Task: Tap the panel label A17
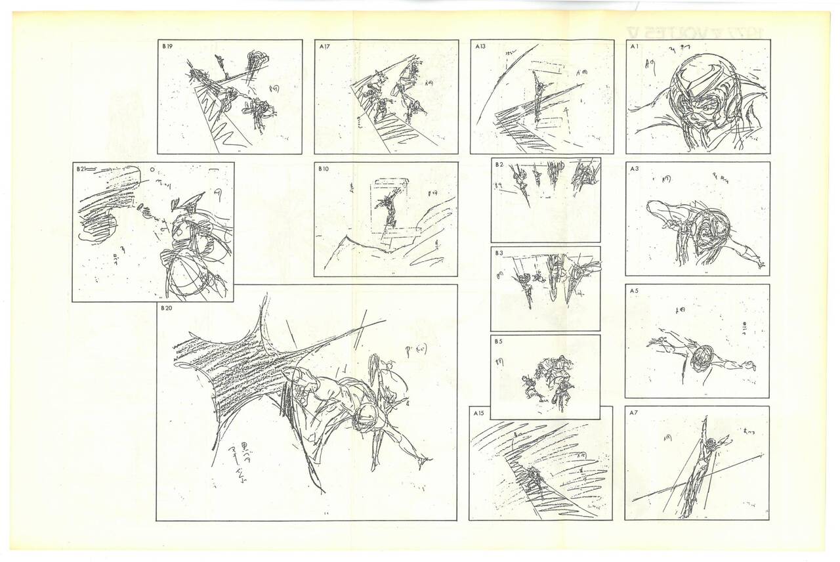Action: point(324,47)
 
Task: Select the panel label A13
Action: point(479,47)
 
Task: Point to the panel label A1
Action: point(634,47)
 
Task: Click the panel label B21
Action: point(81,169)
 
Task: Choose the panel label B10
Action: point(324,169)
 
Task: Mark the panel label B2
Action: point(499,164)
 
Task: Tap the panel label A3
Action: point(634,169)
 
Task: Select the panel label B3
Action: point(499,253)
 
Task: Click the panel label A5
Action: point(634,291)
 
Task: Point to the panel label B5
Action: point(499,341)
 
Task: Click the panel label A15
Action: point(479,413)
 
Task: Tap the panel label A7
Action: point(634,413)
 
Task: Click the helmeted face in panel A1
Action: point(698,98)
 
